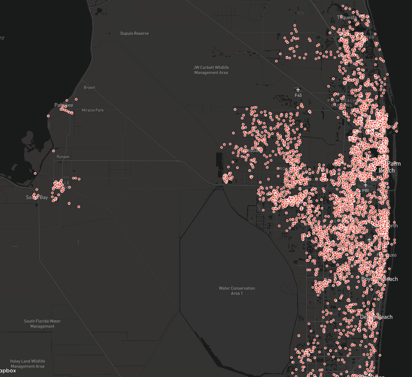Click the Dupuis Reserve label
(x=134, y=33)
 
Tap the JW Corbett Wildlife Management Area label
(x=211, y=70)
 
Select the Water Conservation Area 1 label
(x=237, y=291)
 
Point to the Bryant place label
(x=89, y=87)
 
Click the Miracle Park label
(x=93, y=110)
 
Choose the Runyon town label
(x=63, y=157)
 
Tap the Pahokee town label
(x=64, y=105)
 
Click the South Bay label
(x=37, y=197)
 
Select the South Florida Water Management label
(x=42, y=324)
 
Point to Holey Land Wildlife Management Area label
(x=27, y=363)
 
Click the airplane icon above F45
(x=298, y=90)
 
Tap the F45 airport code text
(x=298, y=95)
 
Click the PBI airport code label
(x=365, y=191)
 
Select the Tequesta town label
(x=347, y=17)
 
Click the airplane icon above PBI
(x=365, y=185)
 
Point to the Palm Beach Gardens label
(x=340, y=103)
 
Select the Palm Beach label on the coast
(x=391, y=167)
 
